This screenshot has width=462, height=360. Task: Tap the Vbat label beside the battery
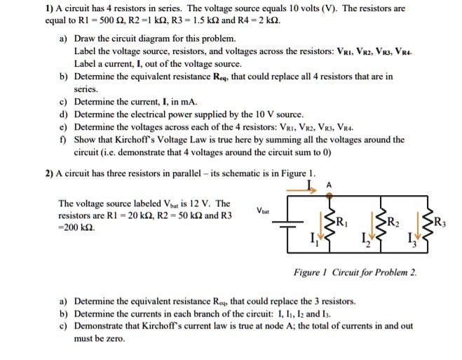pos(264,211)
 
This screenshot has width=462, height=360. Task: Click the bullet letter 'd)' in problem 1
pos(63,113)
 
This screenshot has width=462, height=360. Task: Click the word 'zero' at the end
pos(114,338)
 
